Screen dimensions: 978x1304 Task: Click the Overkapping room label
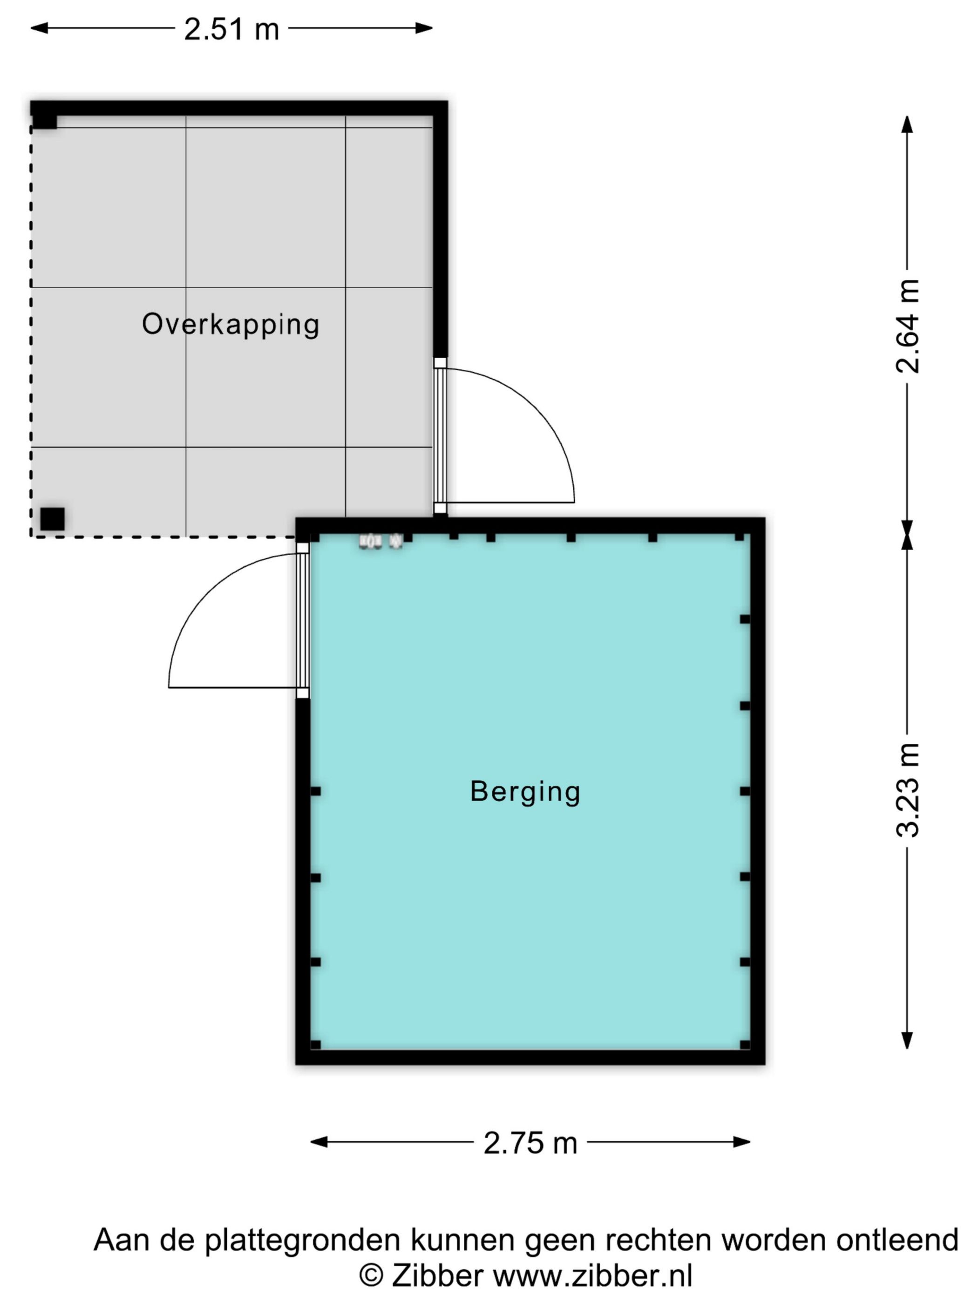(x=231, y=325)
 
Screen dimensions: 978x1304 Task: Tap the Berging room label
(x=525, y=792)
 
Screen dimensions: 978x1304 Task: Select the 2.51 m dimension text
(x=231, y=29)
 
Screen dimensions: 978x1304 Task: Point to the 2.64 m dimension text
(x=907, y=326)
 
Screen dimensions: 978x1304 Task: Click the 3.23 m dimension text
(x=907, y=790)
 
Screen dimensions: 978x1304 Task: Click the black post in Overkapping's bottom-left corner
(x=53, y=519)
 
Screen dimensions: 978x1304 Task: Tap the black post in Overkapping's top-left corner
(x=44, y=121)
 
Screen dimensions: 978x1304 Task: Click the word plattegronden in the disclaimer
(x=302, y=1240)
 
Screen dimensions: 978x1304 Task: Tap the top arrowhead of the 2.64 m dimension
(x=907, y=124)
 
